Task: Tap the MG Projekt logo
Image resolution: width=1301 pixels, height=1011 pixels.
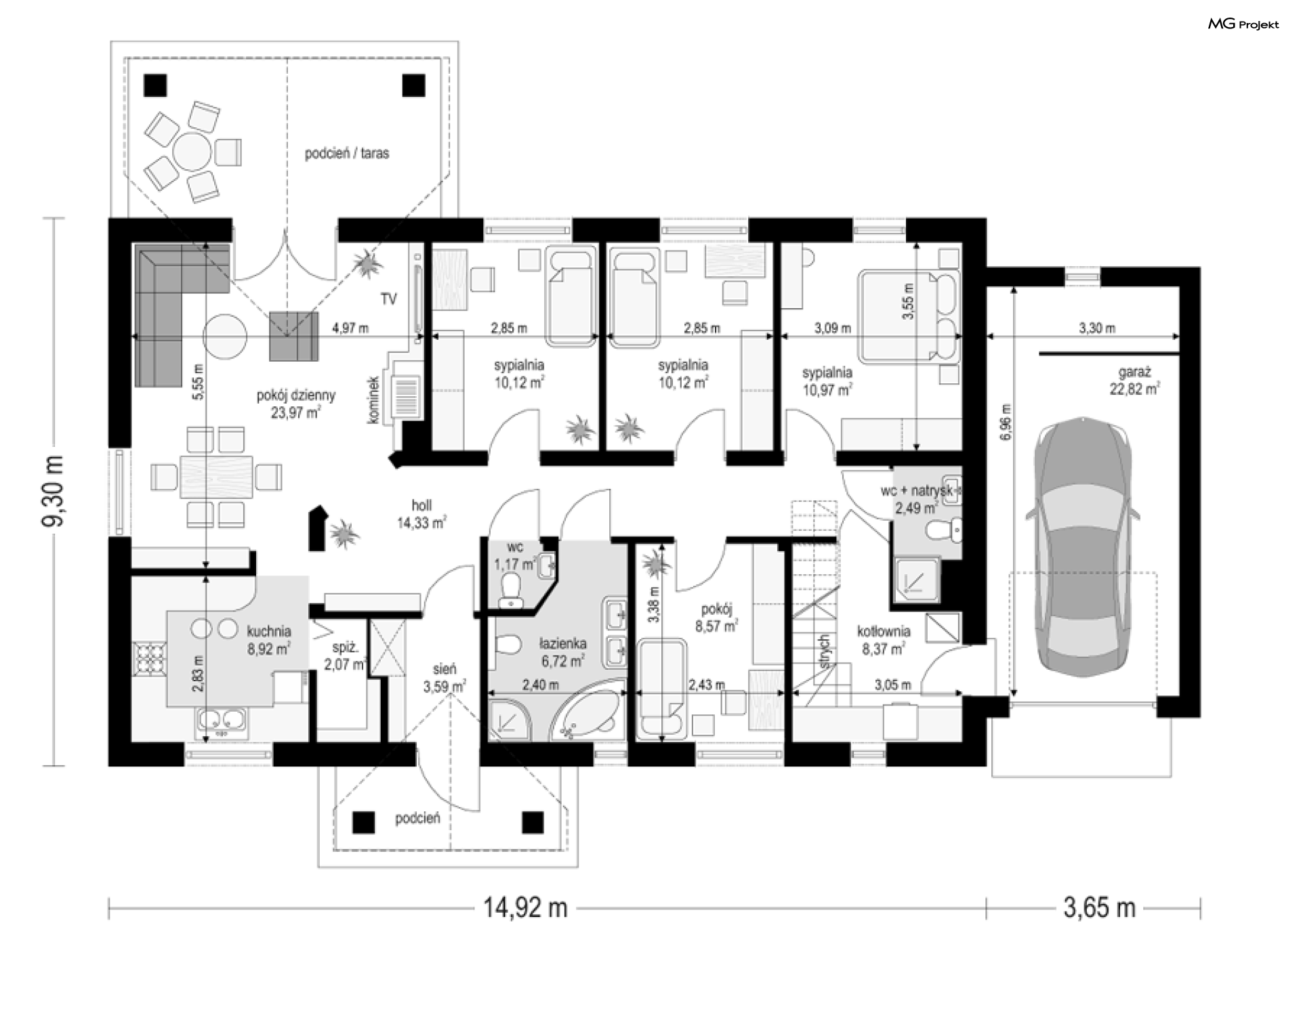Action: (x=1243, y=24)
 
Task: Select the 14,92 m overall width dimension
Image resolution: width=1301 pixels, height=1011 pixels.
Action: (x=524, y=907)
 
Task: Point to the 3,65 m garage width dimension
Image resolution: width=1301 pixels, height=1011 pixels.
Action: (x=1098, y=907)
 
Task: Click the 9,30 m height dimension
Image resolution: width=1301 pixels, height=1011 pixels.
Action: (x=54, y=490)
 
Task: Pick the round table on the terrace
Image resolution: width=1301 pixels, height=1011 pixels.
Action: (x=192, y=152)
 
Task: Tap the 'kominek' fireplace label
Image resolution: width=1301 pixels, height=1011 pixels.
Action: (x=373, y=400)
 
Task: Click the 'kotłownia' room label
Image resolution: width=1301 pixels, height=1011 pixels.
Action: (x=884, y=632)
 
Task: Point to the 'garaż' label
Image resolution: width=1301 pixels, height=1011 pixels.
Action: (x=1134, y=372)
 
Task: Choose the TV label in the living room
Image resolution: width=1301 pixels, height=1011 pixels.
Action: (x=388, y=299)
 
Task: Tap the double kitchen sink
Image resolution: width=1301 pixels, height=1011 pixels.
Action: (x=222, y=723)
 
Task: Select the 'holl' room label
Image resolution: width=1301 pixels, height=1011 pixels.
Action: (x=421, y=506)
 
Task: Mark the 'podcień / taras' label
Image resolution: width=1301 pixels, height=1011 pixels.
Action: (x=347, y=154)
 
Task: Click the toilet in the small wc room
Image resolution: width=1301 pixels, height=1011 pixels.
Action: (x=510, y=588)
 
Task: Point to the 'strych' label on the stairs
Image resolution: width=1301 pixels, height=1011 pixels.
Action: (x=824, y=651)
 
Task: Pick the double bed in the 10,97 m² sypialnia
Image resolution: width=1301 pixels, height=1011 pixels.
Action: (x=909, y=315)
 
